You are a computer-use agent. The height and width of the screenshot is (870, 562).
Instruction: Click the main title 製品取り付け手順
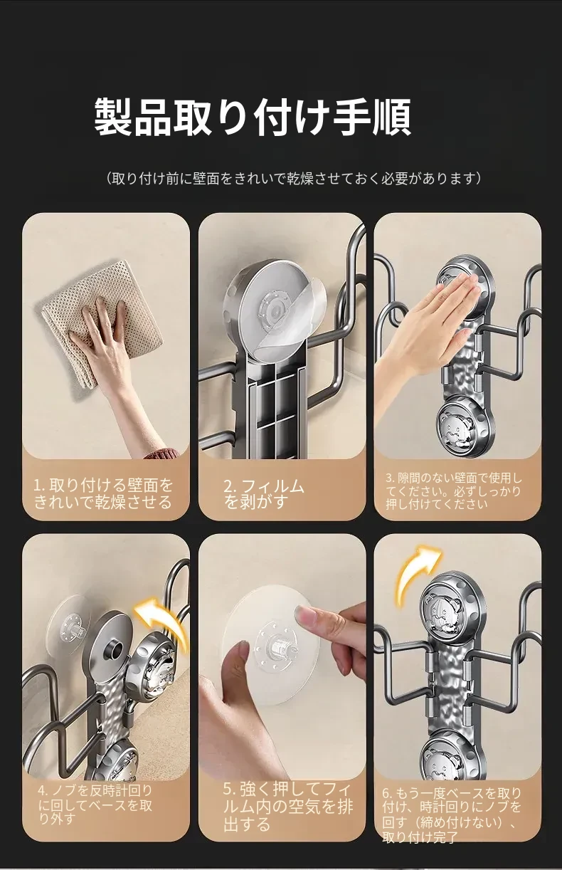(x=253, y=117)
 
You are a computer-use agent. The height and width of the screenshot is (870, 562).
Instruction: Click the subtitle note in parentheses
(x=293, y=178)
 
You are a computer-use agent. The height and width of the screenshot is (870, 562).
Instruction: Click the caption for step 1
(x=103, y=493)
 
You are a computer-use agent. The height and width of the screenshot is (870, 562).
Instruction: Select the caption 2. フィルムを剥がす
(x=264, y=494)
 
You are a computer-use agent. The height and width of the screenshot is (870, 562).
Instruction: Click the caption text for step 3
(x=454, y=491)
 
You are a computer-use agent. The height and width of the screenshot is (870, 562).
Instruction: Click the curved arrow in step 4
(x=163, y=622)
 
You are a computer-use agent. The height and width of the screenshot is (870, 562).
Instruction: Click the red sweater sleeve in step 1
(x=162, y=454)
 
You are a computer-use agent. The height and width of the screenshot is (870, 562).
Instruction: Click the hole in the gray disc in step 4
(x=115, y=648)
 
